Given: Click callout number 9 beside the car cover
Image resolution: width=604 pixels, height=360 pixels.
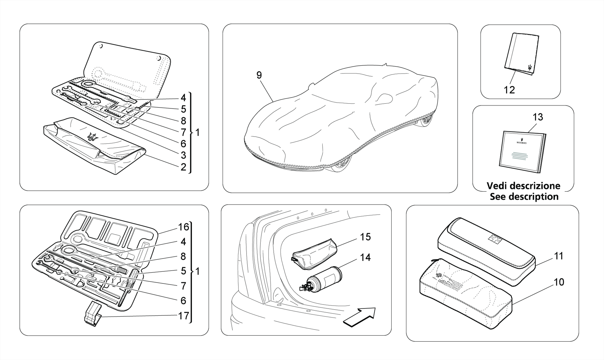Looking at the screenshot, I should pyautogui.click(x=259, y=76).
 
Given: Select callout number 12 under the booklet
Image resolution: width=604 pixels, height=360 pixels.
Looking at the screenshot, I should pyautogui.click(x=509, y=90).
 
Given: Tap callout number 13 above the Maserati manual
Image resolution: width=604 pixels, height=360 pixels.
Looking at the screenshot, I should pyautogui.click(x=538, y=117).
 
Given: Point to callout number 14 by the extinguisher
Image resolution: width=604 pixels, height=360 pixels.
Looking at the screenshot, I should pyautogui.click(x=365, y=258).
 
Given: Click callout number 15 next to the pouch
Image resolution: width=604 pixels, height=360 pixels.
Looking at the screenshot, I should pyautogui.click(x=365, y=237).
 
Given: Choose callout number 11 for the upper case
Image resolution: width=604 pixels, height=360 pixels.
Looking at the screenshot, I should pyautogui.click(x=559, y=256).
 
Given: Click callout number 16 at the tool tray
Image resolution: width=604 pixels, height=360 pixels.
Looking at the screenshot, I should pyautogui.click(x=183, y=227).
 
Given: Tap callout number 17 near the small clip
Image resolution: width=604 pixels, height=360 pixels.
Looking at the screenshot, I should pyautogui.click(x=183, y=316).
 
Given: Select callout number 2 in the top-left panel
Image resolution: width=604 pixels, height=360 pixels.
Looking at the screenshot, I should pyautogui.click(x=183, y=167).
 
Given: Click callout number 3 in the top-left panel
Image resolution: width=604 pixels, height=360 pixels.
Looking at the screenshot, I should pyautogui.click(x=183, y=155).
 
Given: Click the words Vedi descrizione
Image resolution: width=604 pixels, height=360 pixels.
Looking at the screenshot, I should pyautogui.click(x=523, y=186).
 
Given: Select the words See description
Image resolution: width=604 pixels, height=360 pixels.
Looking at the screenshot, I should pyautogui.click(x=524, y=197).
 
